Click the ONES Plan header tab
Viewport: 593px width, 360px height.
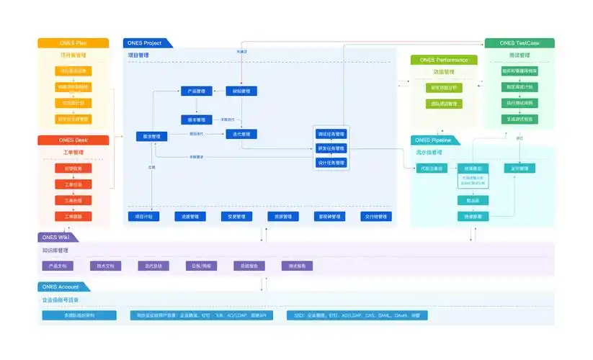(72, 43)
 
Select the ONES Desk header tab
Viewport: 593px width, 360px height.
(72, 140)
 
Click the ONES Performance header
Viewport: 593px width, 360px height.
(444, 60)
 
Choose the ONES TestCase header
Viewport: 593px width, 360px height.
(519, 43)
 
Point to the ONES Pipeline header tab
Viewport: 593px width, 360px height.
(437, 140)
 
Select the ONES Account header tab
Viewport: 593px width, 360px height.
(61, 287)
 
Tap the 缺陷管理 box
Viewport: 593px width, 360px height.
(241, 91)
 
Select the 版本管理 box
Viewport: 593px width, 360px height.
(196, 120)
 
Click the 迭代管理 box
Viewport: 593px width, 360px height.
(241, 134)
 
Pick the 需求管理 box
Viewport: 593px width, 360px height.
(151, 136)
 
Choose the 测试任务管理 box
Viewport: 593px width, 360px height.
(331, 134)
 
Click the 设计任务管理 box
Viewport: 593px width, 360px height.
(331, 163)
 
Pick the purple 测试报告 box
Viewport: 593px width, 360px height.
(297, 266)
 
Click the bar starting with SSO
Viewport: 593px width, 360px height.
(357, 315)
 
